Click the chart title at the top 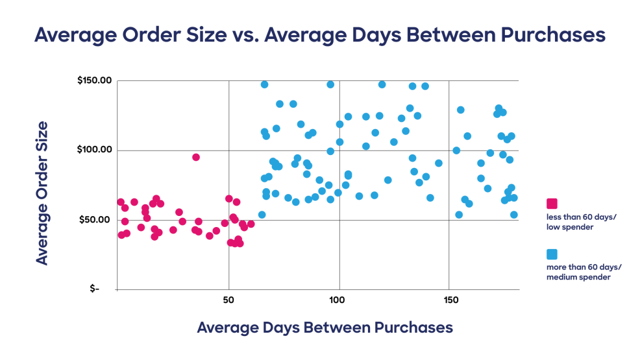[319, 34]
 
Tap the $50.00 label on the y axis [96, 220]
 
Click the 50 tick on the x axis [228, 300]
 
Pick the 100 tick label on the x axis [337, 300]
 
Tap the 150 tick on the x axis [449, 300]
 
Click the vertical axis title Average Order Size [42, 192]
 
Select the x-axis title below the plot [325, 328]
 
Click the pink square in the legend [552, 204]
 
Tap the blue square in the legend [552, 254]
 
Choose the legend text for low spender [582, 222]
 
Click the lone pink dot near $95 [195, 157]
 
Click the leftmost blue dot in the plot [262, 215]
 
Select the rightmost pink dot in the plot [251, 224]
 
